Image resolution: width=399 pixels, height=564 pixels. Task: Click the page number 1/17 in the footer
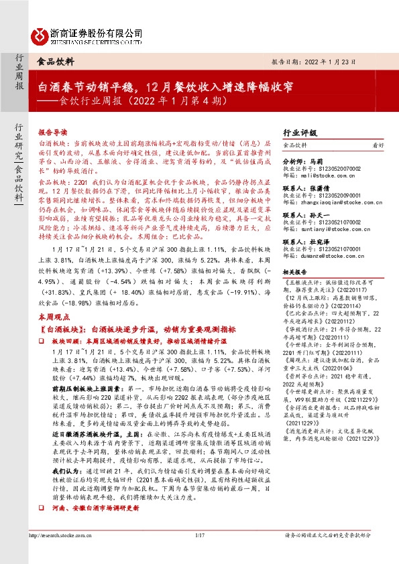tap(198, 553)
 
